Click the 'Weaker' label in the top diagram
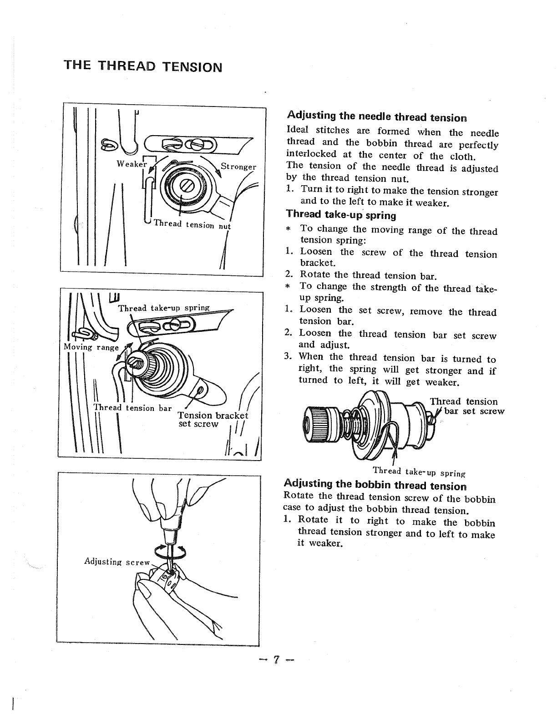[130, 164]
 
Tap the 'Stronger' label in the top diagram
[238, 167]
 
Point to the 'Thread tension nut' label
[192, 224]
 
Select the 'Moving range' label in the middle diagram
[91, 347]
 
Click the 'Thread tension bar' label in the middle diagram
[132, 407]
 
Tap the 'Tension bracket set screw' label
[212, 420]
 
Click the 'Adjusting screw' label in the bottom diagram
[117, 562]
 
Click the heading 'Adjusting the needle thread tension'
[377, 117]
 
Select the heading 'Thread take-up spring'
[341, 214]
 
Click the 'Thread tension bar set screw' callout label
[466, 406]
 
